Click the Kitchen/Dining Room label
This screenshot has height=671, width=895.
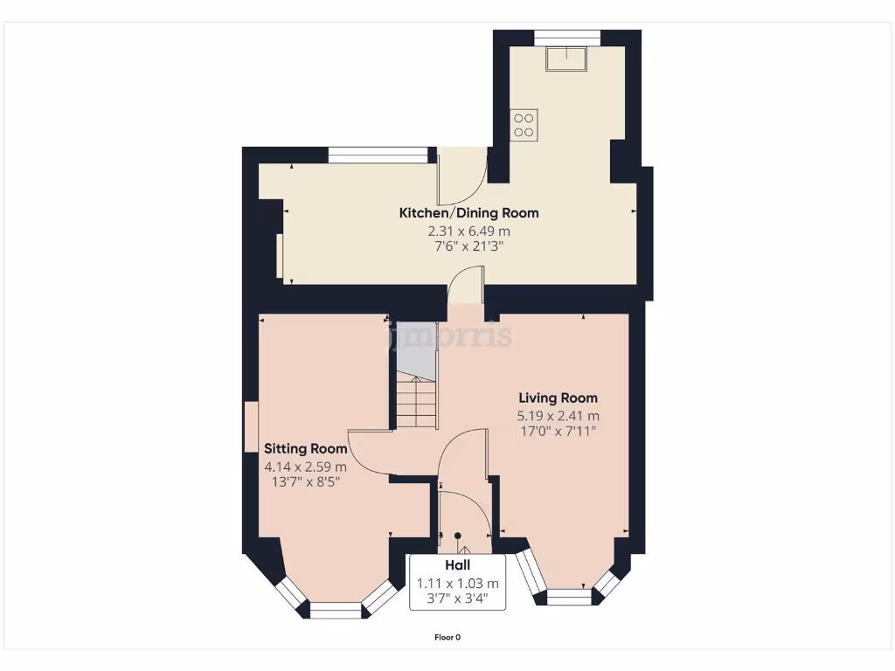(x=468, y=213)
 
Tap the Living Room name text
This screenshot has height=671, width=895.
(x=558, y=398)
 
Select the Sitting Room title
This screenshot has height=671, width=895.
(x=306, y=449)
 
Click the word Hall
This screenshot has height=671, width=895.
(x=457, y=566)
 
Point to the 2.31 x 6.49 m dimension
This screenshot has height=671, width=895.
(x=468, y=232)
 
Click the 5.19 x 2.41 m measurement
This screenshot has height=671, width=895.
(x=558, y=416)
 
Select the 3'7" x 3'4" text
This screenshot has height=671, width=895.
(x=457, y=598)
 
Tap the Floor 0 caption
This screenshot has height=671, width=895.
(x=447, y=638)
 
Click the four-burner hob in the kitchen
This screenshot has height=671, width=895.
(x=524, y=125)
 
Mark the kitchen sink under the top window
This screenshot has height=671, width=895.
(x=566, y=59)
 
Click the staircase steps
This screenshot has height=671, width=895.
(x=417, y=403)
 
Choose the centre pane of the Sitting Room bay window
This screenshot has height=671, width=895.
(x=336, y=611)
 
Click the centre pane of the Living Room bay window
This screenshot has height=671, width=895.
(x=569, y=597)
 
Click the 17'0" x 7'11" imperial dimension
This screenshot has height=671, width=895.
(x=558, y=431)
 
